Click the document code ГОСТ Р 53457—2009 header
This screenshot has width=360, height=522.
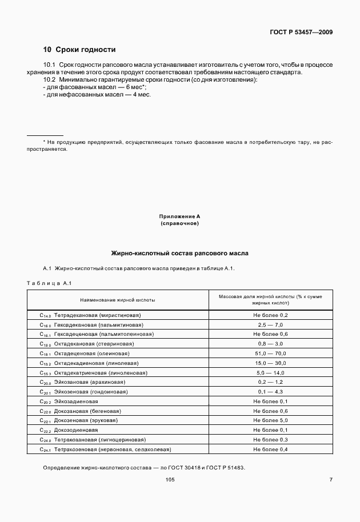click(x=301, y=31)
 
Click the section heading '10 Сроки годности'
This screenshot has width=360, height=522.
click(x=79, y=50)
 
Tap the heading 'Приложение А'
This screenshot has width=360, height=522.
click(x=179, y=216)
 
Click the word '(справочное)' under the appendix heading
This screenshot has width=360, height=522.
click(x=179, y=223)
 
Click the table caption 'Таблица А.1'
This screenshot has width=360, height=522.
click(x=48, y=283)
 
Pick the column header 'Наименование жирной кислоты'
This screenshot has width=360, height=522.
click(x=117, y=299)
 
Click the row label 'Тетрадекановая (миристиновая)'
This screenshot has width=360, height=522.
click(x=97, y=315)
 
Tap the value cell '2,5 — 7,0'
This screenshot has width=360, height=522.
click(x=270, y=324)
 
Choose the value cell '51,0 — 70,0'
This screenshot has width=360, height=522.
click(x=270, y=354)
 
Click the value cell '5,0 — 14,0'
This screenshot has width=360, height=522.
click(x=270, y=372)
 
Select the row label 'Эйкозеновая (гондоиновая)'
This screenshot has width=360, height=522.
click(x=91, y=392)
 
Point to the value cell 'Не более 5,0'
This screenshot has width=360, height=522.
click(x=270, y=420)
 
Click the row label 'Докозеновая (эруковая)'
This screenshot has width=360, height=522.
click(x=86, y=420)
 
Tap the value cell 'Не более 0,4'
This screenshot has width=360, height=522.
click(x=270, y=449)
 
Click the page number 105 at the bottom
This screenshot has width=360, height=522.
click(x=170, y=480)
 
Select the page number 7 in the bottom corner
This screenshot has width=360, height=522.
click(x=331, y=480)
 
